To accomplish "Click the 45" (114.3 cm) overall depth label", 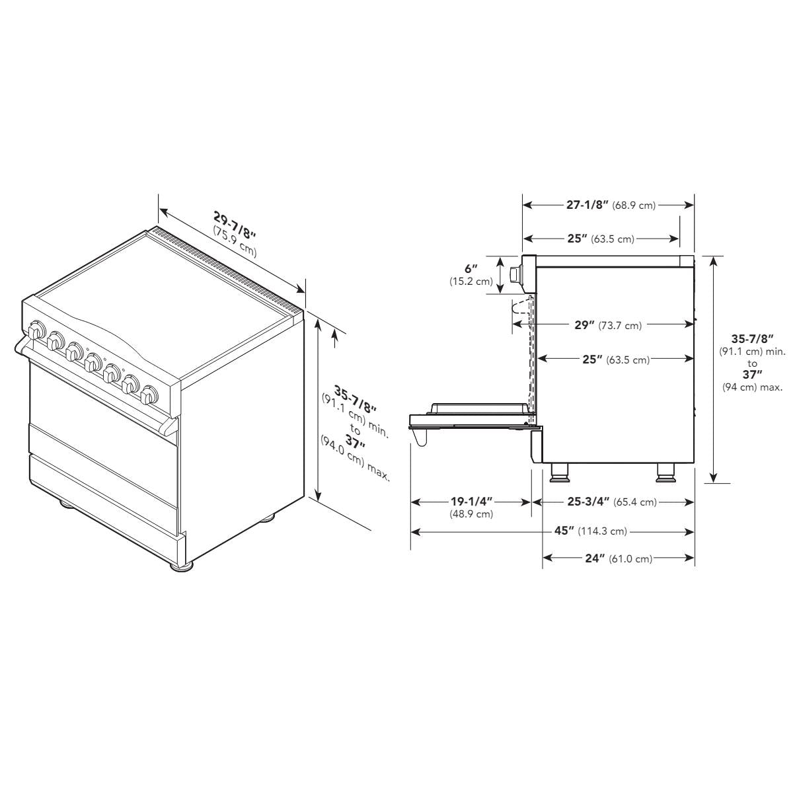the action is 590,531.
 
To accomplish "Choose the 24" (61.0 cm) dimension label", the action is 619,558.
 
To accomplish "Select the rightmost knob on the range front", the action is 149,395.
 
